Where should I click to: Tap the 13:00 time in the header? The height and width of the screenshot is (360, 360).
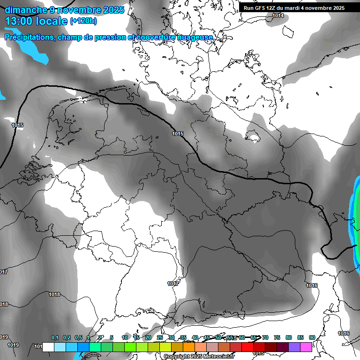[x=20, y=21]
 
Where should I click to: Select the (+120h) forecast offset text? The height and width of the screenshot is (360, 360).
[x=83, y=21]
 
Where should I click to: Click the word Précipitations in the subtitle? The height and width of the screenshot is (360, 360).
[x=28, y=37]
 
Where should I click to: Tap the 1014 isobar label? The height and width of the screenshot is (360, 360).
[x=278, y=15]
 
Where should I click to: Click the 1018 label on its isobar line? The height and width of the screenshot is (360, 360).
[x=54, y=294]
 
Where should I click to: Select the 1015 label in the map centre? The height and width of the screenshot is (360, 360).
[x=178, y=134]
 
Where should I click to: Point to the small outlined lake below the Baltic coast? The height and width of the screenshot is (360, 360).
[x=254, y=138]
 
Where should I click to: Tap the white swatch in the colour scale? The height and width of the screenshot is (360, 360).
[x=48, y=347]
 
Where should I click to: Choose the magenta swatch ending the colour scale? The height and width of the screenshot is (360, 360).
[x=306, y=347]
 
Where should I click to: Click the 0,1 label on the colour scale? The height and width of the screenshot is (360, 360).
[x=55, y=337]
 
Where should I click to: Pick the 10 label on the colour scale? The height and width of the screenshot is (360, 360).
[x=125, y=337]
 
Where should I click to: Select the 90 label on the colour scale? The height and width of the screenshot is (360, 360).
[x=312, y=337]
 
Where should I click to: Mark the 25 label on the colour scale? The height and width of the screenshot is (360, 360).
[x=160, y=337]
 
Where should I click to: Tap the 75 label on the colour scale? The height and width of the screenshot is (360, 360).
[x=277, y=337]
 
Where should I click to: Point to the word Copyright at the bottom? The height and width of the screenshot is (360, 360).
[x=177, y=357]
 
